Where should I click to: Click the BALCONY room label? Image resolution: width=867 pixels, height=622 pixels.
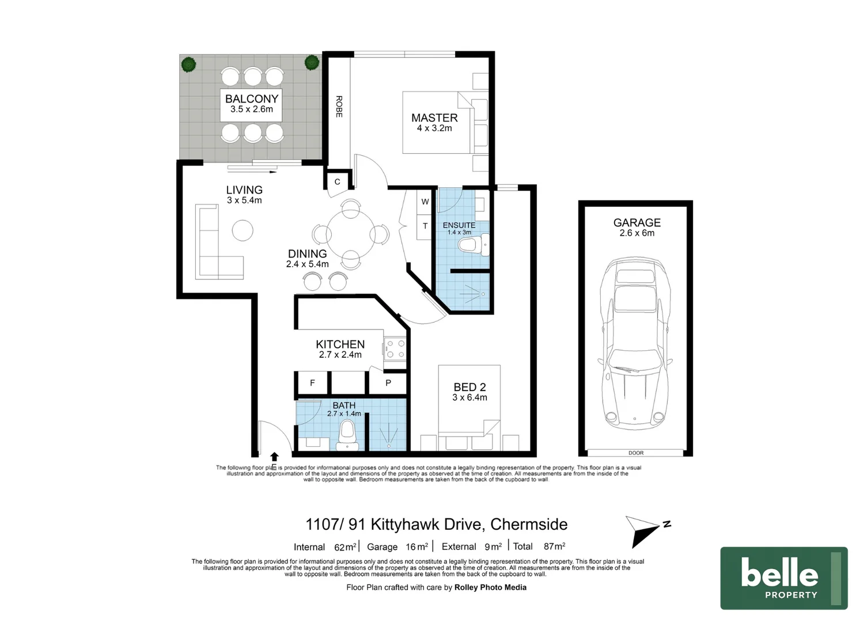point(252,99)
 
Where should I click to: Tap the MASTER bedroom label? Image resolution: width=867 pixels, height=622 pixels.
point(434,117)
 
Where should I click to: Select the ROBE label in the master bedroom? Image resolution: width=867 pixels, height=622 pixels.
point(339,107)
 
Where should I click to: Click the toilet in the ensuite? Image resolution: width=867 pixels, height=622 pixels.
point(473,244)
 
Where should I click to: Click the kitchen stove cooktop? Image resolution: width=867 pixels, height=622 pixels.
point(395,349)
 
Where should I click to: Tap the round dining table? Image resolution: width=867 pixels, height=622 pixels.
point(351,234)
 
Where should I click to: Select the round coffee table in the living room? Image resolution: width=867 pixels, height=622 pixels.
point(243,230)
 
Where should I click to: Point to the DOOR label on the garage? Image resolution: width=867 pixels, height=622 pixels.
point(636,453)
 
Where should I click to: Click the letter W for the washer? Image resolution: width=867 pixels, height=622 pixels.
point(425,202)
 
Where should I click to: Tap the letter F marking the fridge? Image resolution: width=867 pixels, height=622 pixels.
point(312,383)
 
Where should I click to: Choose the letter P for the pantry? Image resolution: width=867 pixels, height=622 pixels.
point(388,383)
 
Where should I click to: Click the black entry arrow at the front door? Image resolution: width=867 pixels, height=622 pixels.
point(274,457)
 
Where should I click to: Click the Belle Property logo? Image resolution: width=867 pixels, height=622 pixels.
point(784,578)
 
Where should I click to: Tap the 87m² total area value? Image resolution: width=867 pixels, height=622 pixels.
point(554,546)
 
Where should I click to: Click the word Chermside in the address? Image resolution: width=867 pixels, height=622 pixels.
point(529,525)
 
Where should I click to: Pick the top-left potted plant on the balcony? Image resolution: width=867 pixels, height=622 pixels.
point(188,64)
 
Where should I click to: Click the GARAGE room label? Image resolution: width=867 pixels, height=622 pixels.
point(637,222)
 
